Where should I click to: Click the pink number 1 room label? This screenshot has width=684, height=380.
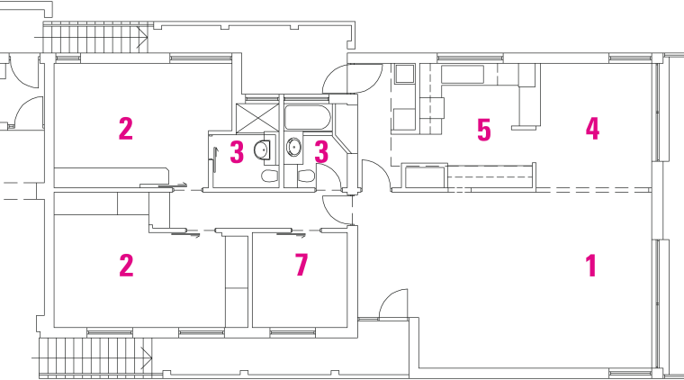point(591,266)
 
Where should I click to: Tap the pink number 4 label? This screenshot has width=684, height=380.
point(592,129)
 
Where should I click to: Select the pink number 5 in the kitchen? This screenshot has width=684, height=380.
point(484,131)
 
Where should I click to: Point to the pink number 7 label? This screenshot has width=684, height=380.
point(301,266)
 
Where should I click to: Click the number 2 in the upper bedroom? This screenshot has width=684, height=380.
point(126,129)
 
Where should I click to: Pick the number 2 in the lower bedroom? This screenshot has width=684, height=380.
point(126,266)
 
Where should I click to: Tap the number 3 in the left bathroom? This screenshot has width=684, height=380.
point(237,151)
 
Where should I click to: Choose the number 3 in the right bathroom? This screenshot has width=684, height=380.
point(319,151)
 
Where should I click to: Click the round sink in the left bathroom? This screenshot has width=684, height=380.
point(263,149)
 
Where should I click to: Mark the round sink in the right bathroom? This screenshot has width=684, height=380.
point(293,147)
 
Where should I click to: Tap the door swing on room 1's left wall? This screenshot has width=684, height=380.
point(394,306)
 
